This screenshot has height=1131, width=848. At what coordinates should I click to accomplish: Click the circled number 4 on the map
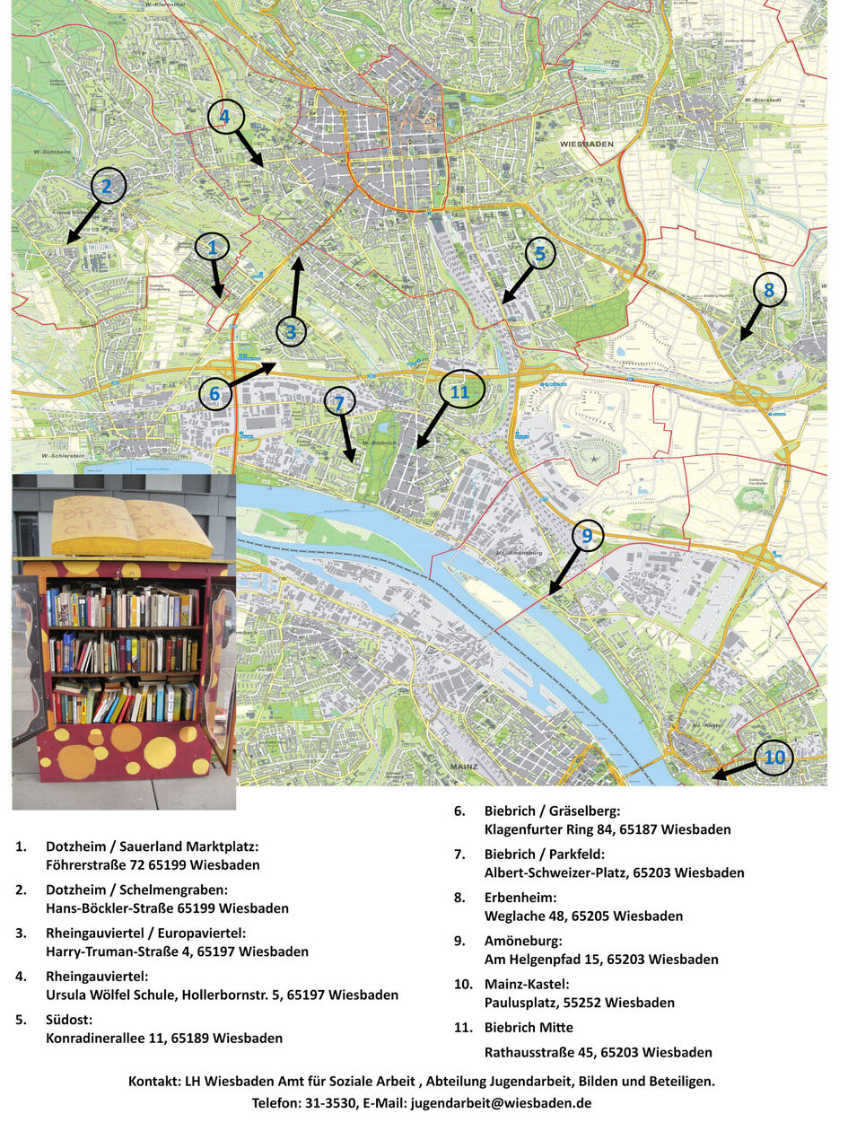click(x=224, y=116)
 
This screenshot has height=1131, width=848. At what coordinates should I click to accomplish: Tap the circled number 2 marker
click(x=108, y=186)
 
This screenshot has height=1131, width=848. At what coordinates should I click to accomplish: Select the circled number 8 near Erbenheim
click(x=769, y=289)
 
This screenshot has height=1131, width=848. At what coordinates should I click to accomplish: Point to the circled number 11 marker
click(x=460, y=391)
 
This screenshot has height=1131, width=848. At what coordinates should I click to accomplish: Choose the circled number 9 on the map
click(x=587, y=536)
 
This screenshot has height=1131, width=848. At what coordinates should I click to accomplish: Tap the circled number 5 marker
click(x=539, y=254)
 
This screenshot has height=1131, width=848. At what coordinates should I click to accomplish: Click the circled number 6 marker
click(x=214, y=393)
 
